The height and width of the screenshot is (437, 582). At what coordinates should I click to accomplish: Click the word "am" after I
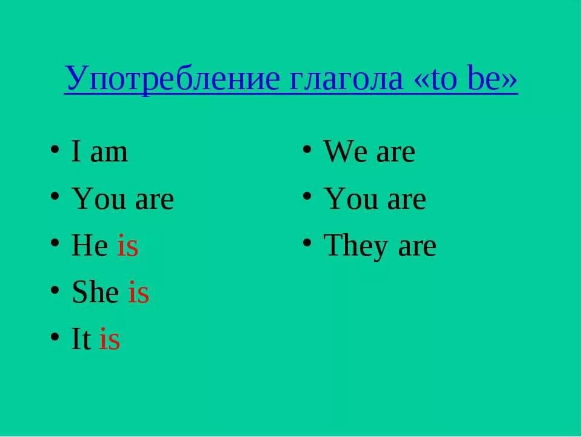coord(109,152)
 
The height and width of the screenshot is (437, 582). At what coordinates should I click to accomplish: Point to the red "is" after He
coord(127,246)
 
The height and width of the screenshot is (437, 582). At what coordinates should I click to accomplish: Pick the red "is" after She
coord(138,293)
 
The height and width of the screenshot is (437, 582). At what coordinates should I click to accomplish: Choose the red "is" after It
coord(110,340)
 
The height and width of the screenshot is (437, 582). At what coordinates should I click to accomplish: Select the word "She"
coord(95,293)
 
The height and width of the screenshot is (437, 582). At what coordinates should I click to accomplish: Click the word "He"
coord(90,246)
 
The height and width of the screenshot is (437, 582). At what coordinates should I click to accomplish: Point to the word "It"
coord(81,340)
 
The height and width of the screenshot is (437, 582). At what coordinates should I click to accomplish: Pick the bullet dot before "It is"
coord(55,336)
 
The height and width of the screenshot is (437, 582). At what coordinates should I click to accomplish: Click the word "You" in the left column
coord(97,199)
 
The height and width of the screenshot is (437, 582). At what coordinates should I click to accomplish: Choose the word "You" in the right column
coord(349,199)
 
